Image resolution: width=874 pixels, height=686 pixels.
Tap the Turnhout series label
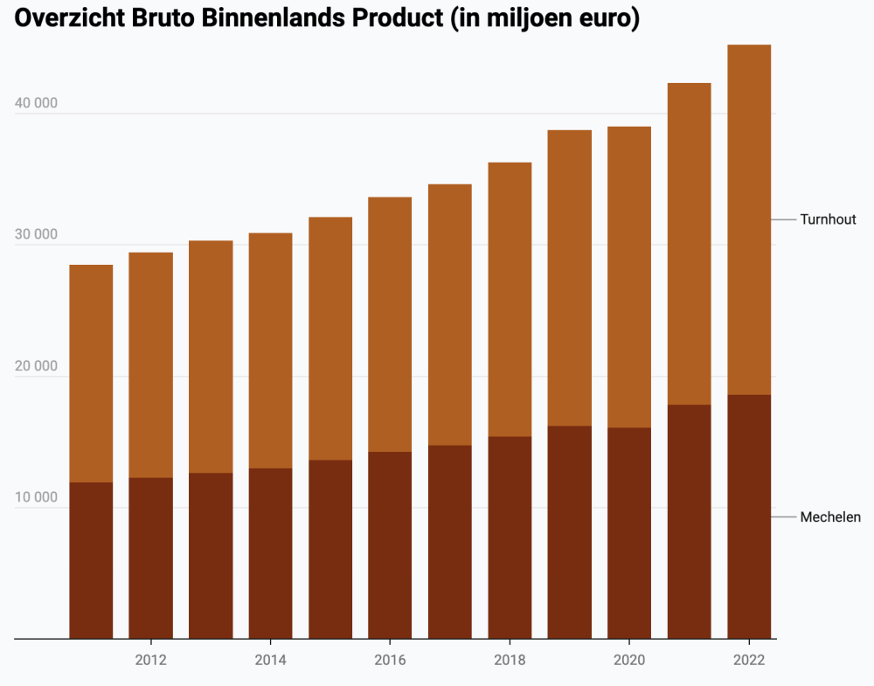[x=828, y=219]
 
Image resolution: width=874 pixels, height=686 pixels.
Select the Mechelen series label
[x=830, y=517]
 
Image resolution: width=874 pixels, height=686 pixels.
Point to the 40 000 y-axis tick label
[x=36, y=103]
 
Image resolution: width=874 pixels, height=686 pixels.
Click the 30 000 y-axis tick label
[x=36, y=234]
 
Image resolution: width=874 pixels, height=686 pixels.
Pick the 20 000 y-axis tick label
[x=36, y=366]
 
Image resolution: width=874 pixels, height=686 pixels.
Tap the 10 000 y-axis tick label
[x=36, y=498]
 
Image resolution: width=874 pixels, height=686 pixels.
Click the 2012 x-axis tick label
[x=151, y=660]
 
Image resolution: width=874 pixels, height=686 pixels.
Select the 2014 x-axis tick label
[x=271, y=660]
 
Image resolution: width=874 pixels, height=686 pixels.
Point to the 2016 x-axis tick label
[x=390, y=660]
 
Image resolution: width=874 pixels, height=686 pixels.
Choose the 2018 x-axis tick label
[x=510, y=660]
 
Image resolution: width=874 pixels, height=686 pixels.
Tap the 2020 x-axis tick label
[x=629, y=660]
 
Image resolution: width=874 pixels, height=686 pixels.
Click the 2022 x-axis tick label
[x=749, y=660]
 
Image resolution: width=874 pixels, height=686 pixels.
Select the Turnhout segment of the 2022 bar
[x=749, y=219]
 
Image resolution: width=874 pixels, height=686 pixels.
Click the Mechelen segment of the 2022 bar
[x=749, y=516]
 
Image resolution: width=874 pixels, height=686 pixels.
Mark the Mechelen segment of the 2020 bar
[x=629, y=533]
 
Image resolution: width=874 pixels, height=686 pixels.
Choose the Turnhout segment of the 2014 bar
[x=271, y=350]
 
